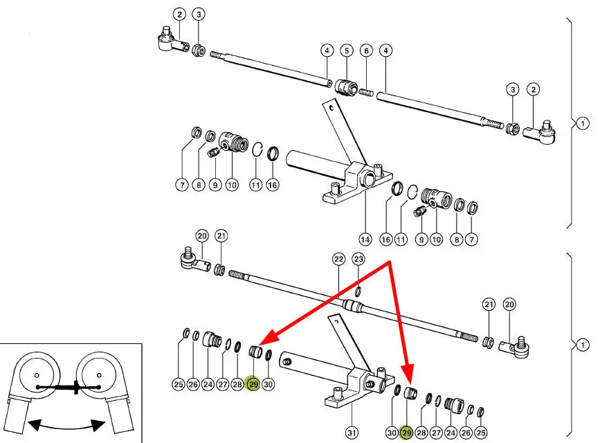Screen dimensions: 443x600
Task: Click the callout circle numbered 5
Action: tap(346, 51)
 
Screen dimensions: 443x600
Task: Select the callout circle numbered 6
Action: tap(366, 51)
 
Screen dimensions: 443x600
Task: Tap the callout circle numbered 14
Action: tap(365, 239)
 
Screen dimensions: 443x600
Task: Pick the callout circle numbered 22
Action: tap(338, 259)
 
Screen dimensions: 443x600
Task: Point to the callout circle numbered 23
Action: tap(358, 259)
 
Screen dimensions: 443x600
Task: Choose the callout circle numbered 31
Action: tap(352, 433)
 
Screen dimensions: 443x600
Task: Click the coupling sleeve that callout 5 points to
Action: tap(344, 88)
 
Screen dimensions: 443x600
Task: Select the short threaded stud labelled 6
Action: tap(365, 92)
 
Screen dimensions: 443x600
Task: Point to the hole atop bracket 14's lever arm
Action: tap(333, 107)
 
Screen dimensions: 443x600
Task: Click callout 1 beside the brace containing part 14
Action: tap(582, 124)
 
